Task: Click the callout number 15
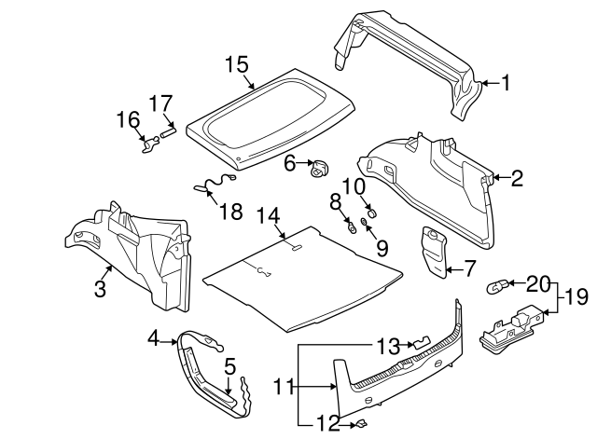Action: point(237,64)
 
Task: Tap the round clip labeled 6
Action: point(320,168)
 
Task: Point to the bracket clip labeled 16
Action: point(148,143)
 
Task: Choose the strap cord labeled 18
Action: point(213,183)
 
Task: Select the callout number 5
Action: point(229,366)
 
